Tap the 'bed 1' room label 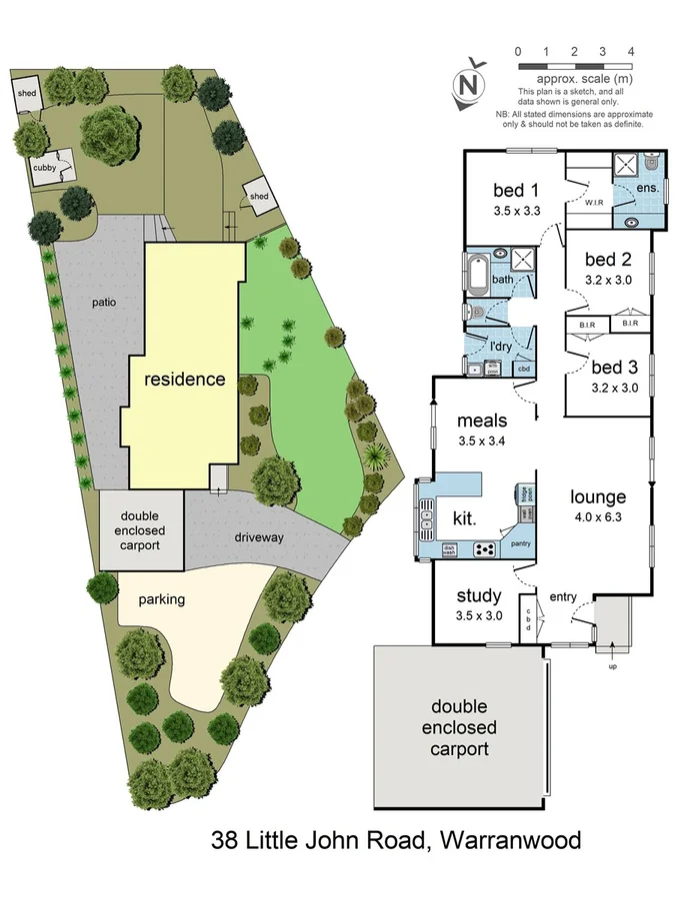point(516,191)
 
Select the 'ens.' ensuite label point(646,188)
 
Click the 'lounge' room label point(598,496)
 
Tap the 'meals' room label point(482,420)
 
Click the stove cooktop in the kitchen point(485,548)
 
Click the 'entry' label point(562,597)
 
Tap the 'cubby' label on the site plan point(45,168)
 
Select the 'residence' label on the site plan point(185,380)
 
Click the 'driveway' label point(260,537)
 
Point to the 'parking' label point(162,599)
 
